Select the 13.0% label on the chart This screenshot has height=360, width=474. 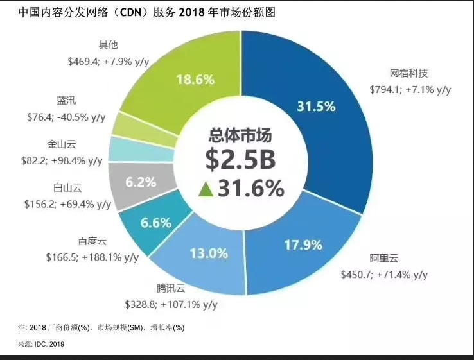(x=209, y=253)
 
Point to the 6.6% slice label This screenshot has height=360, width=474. (x=155, y=223)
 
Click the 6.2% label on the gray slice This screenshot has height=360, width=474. (x=141, y=182)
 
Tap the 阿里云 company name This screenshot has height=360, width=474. (x=384, y=259)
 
